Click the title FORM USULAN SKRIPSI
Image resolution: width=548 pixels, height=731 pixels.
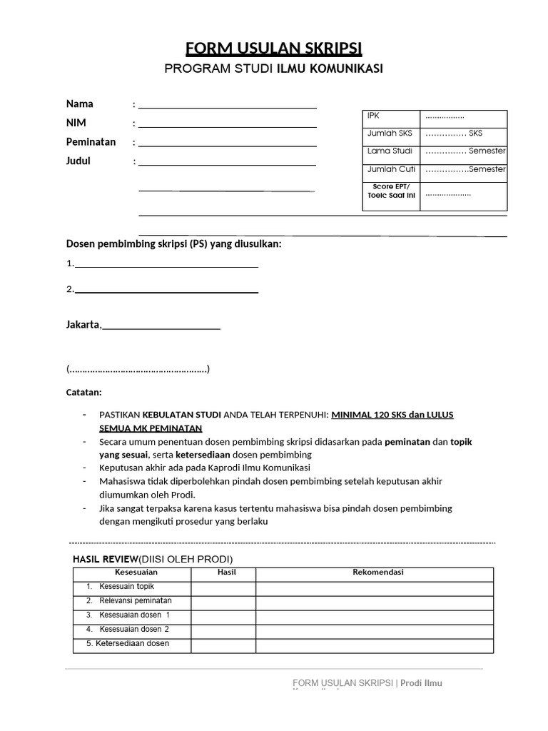pos(274,49)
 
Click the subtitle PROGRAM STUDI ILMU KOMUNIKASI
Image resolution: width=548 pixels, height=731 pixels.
pos(274,69)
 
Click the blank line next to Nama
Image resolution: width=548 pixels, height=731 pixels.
pos(227,106)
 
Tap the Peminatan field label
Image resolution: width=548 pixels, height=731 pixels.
pos(91,142)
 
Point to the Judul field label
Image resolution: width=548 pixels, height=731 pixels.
pos(78,161)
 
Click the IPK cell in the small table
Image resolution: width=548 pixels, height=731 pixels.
pos(391,116)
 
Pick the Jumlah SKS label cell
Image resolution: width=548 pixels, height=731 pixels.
pos(391,133)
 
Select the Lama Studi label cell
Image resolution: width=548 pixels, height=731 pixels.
pos(391,151)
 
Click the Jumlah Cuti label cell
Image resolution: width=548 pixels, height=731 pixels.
pos(391,170)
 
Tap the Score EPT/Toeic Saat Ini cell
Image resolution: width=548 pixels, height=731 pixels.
pos(391,191)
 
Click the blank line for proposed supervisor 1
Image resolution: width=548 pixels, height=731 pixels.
pos(166,265)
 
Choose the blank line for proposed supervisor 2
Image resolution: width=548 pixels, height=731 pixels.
pos(166,291)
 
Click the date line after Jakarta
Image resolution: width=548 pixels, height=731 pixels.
pos(161,327)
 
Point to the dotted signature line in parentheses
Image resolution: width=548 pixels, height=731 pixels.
pos(138,370)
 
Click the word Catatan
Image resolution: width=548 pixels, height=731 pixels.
pos(84,393)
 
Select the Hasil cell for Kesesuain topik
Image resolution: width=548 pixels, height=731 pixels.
pos(223,588)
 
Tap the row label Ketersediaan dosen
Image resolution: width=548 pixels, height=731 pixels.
pos(128,644)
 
